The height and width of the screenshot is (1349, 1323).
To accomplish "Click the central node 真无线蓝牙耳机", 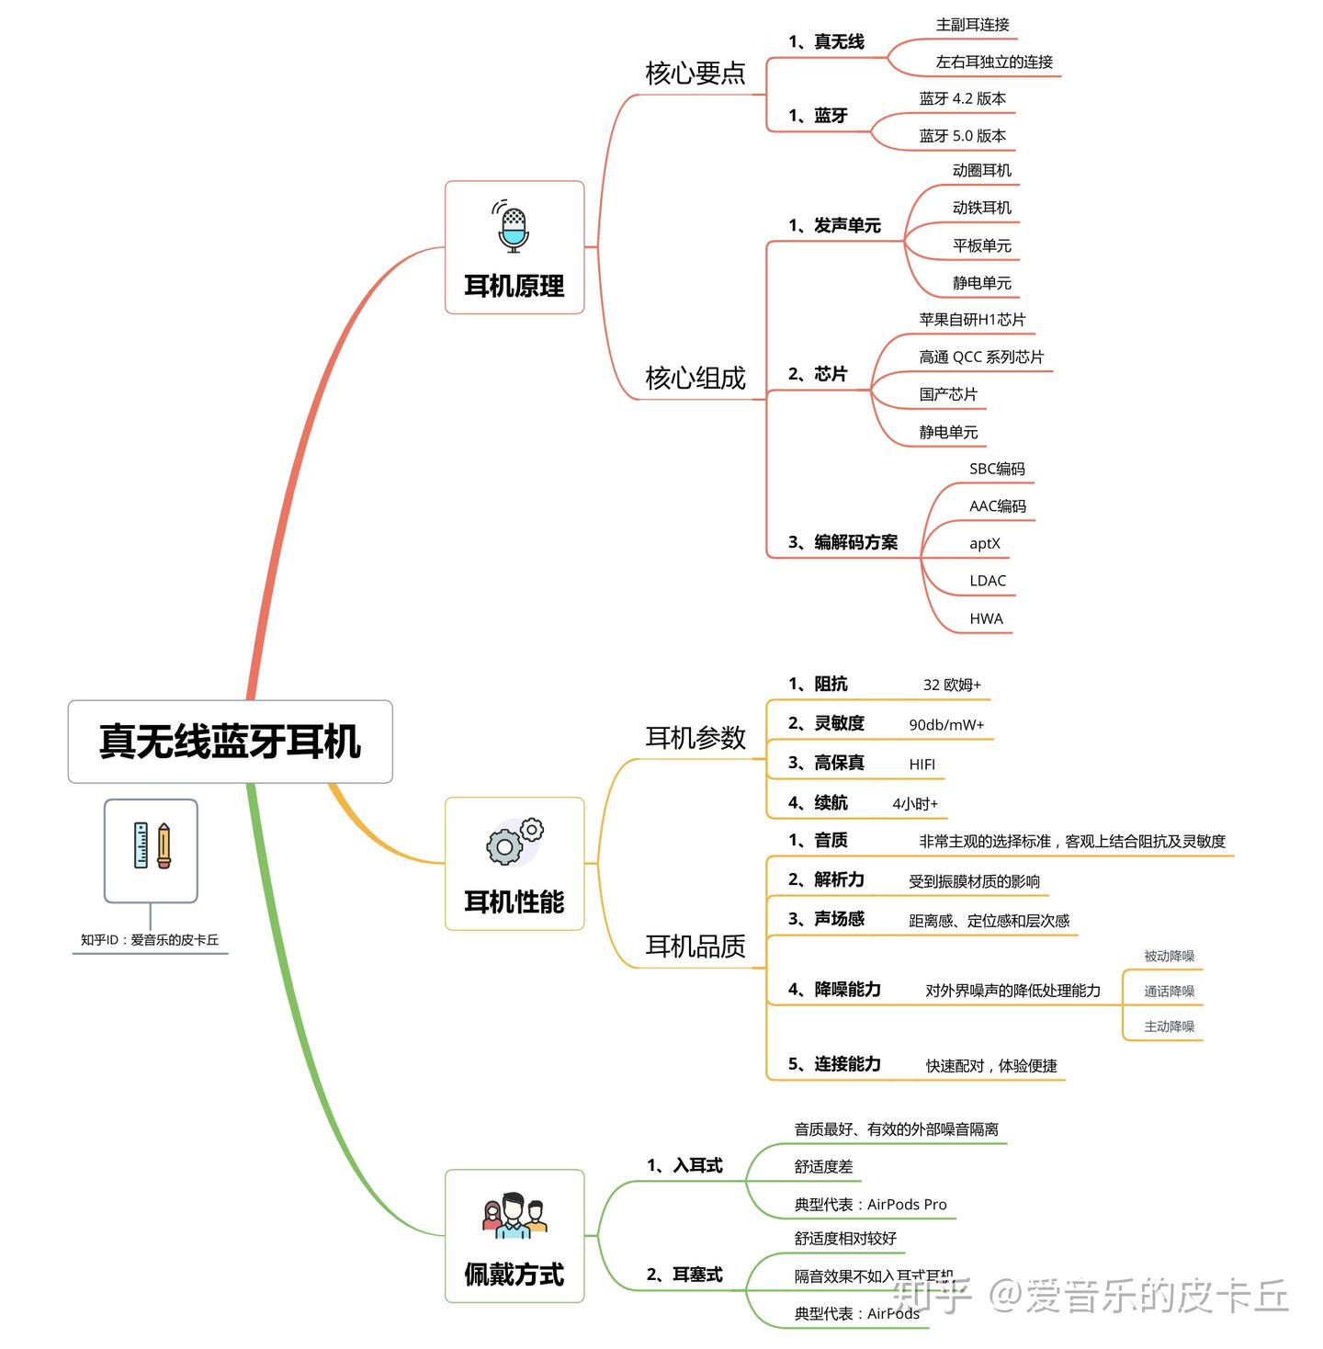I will [x=230, y=742].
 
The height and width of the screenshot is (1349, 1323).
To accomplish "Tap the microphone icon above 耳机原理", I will [x=514, y=227].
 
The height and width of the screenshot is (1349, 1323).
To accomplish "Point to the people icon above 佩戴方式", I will [x=514, y=1216].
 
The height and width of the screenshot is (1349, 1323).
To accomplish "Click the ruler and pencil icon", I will [x=152, y=846].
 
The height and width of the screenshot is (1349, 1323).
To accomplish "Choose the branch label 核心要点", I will [x=695, y=74].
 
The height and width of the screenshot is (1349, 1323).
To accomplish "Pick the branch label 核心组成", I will [x=695, y=378].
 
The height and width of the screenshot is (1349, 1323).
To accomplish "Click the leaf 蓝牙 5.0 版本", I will [x=962, y=136].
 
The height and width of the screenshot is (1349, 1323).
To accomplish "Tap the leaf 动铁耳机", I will [x=981, y=208].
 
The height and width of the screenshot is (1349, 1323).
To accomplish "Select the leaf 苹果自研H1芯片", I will [x=972, y=320].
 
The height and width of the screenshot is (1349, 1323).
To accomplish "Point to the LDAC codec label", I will [x=988, y=581].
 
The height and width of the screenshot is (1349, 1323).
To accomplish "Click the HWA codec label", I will [x=986, y=618].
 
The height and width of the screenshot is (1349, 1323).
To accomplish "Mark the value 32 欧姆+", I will [x=952, y=685].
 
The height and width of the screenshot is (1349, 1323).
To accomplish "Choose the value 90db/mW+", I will [x=946, y=725].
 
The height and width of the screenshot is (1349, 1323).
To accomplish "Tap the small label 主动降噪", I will [x=1169, y=1026].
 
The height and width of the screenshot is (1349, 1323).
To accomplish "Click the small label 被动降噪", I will [x=1169, y=957].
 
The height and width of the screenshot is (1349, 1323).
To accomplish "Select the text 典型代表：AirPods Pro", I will [x=870, y=1205].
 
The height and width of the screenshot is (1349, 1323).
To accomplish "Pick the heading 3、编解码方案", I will [x=842, y=542].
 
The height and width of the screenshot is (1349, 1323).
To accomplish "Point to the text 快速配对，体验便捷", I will [x=991, y=1066].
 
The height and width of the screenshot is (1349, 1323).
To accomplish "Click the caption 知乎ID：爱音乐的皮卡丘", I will [x=150, y=940].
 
